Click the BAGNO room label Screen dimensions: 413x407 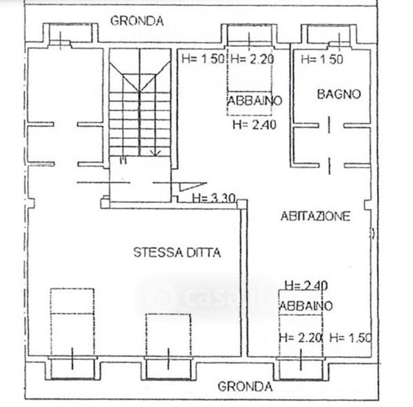338,94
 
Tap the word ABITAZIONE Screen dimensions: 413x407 315,216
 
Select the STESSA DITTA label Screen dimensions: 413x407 177,252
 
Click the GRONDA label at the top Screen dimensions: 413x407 137,21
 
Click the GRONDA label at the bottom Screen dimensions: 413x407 245,387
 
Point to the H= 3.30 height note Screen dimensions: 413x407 214,198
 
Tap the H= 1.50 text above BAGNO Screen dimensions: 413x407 322,59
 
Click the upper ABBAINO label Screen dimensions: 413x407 254,100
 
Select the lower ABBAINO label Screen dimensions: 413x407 306,306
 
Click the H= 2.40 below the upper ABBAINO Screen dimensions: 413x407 254,124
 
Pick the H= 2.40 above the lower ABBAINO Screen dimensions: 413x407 307,286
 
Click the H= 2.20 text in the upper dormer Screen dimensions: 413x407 252,59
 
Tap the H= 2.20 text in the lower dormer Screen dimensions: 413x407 300,337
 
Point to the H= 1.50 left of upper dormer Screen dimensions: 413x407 203,59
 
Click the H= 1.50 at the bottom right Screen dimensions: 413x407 351,337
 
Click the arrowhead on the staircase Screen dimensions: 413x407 156,153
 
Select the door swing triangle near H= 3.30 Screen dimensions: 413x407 193,186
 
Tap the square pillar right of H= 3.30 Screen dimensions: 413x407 242,204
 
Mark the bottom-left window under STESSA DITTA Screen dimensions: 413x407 73,368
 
